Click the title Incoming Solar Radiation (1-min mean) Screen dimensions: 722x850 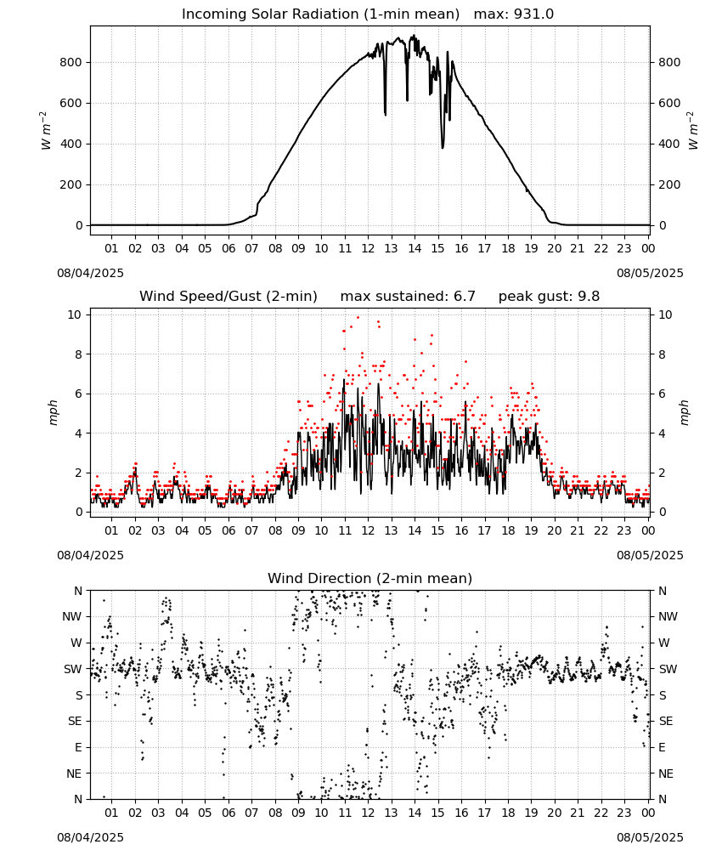click(320, 14)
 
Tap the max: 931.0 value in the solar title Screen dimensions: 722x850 click(514, 14)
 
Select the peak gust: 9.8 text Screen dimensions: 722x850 click(549, 297)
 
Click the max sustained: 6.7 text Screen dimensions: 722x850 click(408, 297)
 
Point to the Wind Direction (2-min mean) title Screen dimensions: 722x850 click(370, 578)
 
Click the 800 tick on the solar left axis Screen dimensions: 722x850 click(71, 62)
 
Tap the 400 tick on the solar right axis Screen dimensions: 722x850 click(669, 144)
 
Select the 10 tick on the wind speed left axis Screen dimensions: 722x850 click(76, 315)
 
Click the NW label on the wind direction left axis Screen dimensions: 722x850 click(72, 617)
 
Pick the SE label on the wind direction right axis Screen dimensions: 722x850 click(666, 722)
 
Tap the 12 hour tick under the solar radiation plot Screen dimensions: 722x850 click(368, 248)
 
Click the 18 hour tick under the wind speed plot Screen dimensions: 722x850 click(508, 530)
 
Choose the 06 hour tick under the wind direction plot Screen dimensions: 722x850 click(228, 813)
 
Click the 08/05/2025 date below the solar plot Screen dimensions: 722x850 click(650, 273)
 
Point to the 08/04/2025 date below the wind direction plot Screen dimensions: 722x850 click(90, 837)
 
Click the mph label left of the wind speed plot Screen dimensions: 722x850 click(53, 412)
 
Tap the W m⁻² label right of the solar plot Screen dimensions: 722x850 click(693, 131)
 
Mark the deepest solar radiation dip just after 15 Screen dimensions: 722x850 click(443, 147)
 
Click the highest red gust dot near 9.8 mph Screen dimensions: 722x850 click(358, 318)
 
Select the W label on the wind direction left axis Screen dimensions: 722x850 click(77, 643)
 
